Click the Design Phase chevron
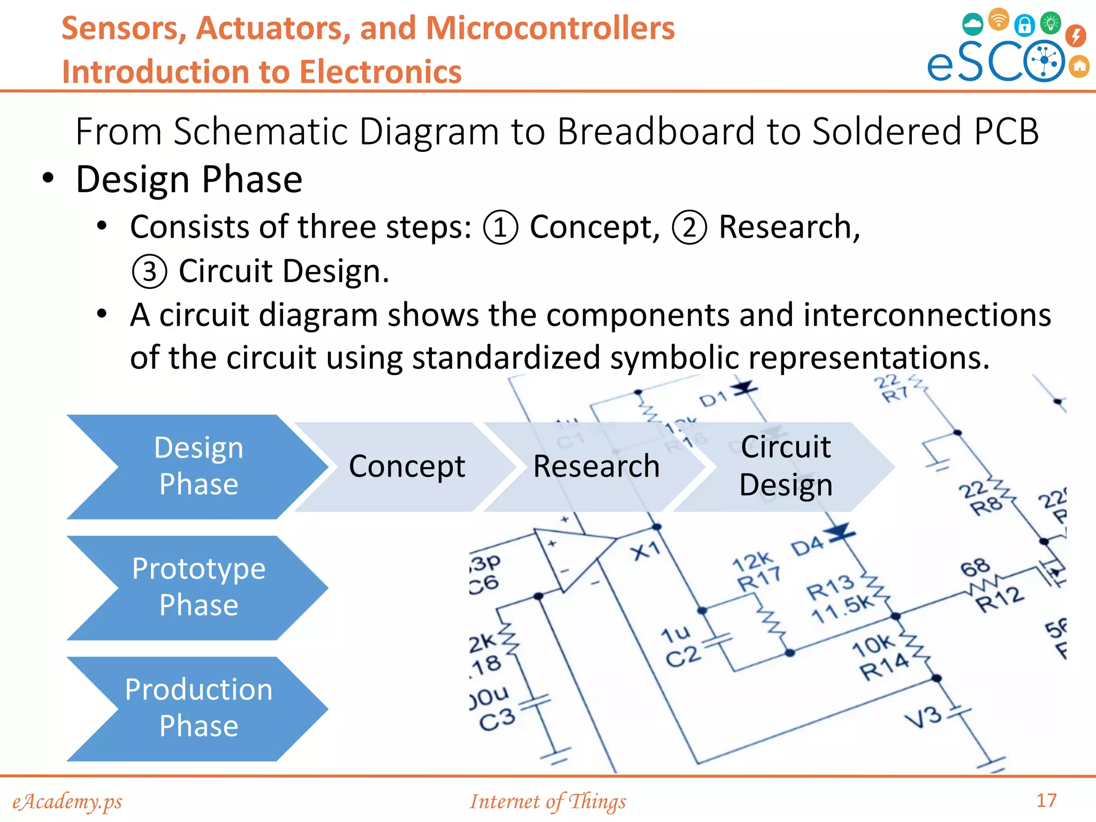pos(198,466)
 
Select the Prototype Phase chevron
pos(198,587)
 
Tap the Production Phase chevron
pos(198,708)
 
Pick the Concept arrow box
pos(407,466)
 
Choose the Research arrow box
pos(596,466)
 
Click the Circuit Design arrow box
pos(785,466)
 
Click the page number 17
pos(1046,800)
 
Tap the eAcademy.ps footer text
pos(67,801)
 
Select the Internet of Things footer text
pos(547,801)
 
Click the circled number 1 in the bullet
pos(500,227)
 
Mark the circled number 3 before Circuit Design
pos(149,271)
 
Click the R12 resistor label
pos(999,598)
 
